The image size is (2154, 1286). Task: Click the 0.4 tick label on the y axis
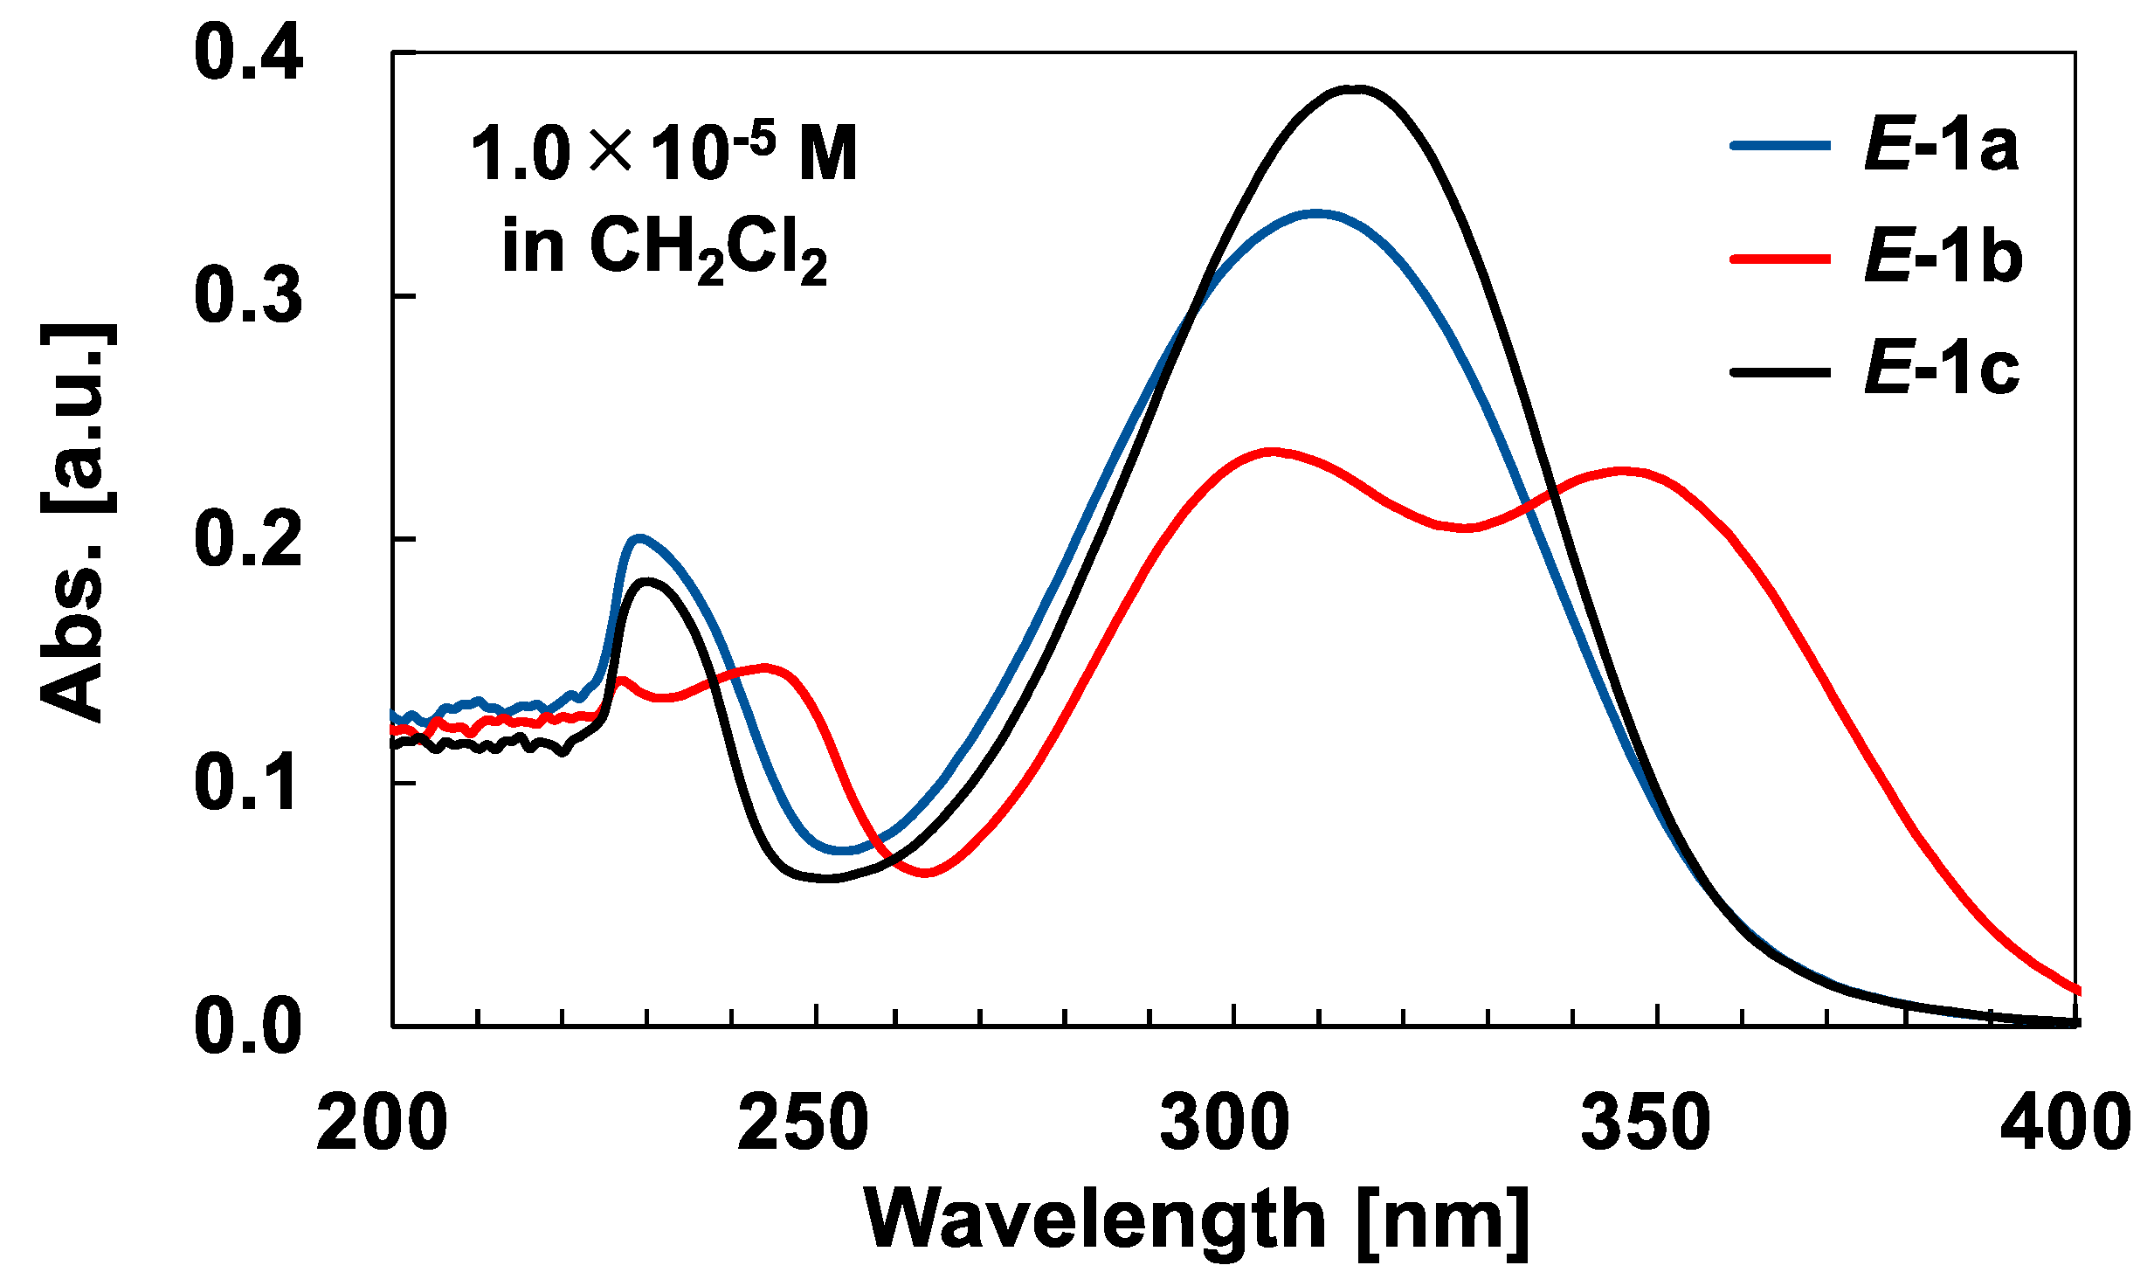[248, 54]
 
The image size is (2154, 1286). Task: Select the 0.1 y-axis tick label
[248, 784]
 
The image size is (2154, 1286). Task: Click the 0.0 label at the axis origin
[248, 1026]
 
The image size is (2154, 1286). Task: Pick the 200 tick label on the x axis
[382, 1124]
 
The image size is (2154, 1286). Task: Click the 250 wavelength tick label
[803, 1124]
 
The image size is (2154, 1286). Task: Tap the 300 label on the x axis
[1225, 1124]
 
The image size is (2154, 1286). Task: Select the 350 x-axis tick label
[1646, 1124]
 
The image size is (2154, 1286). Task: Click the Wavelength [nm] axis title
[1197, 1220]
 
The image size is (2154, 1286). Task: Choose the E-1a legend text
[1941, 146]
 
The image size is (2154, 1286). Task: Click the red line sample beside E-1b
[1779, 259]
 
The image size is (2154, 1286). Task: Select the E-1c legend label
[1941, 370]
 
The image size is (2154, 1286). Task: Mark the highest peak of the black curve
[1355, 88]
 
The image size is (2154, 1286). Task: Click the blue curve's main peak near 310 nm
[1315, 213]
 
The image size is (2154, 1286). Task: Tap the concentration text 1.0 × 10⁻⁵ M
[664, 154]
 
